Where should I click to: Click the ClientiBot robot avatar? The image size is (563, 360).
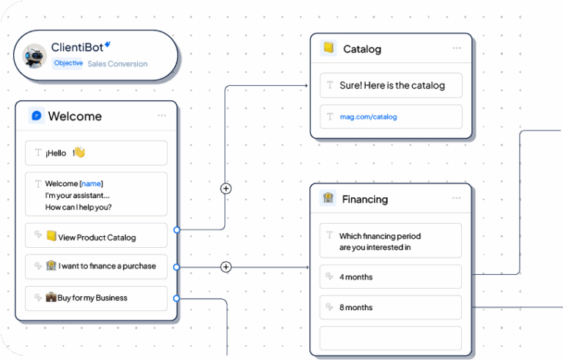tap(34, 56)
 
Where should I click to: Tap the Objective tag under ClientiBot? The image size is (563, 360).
tap(68, 63)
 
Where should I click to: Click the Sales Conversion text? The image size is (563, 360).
tap(117, 64)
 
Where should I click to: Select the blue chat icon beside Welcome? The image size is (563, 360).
tap(37, 116)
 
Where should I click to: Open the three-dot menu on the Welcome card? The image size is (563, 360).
tap(162, 115)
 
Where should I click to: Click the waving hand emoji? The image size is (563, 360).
tap(79, 153)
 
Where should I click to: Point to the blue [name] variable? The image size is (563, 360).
tap(91, 183)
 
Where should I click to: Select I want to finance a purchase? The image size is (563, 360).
tap(96, 267)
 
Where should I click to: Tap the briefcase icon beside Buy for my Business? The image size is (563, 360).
tap(51, 297)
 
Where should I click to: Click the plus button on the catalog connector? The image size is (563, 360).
tap(226, 188)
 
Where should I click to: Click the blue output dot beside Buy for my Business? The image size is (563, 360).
tap(176, 298)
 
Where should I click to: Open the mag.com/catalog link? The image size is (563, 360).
tap(369, 117)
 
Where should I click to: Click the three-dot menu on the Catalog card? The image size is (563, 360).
tap(457, 48)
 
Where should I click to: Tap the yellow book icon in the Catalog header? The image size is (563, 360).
tap(328, 48)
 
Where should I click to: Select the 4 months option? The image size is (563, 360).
tap(391, 276)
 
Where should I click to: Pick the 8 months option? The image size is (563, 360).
tap(391, 307)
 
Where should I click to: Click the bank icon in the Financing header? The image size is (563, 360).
tap(328, 198)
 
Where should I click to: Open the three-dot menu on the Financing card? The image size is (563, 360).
tap(457, 198)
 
